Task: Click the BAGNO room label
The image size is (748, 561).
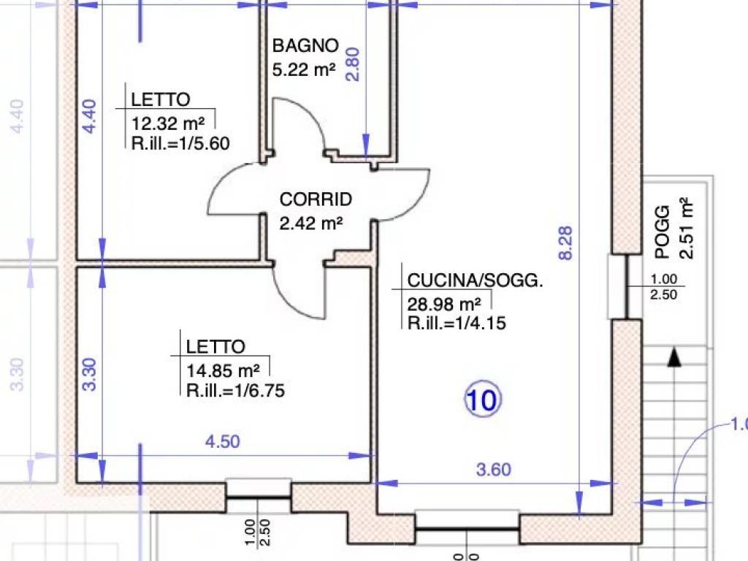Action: point(305,46)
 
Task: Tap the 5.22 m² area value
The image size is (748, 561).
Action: point(304,69)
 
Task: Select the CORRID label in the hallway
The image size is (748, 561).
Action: point(316,199)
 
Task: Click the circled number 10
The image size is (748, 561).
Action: point(483,400)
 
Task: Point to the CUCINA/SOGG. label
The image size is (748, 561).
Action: point(475,280)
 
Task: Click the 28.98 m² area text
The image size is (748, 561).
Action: point(444,304)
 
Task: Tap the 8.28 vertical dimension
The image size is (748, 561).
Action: point(565,243)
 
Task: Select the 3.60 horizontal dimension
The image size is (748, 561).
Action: point(493,470)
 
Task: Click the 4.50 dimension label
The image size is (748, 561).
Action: point(222,442)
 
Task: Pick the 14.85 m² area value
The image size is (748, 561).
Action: point(223,370)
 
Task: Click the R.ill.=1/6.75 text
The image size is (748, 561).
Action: point(235,391)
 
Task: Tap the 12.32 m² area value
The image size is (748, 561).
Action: point(168,123)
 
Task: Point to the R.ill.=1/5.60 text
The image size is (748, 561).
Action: point(180,143)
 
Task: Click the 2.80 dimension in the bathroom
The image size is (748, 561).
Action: point(352,64)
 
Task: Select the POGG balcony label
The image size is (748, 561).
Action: point(662,232)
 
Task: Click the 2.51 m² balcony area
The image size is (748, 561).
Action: point(686,228)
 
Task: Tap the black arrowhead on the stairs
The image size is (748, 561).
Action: point(673,357)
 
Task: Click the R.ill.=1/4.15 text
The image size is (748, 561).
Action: point(457,324)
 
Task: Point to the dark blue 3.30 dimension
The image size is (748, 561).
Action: point(89,375)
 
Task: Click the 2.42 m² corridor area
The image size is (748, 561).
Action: point(311,224)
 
